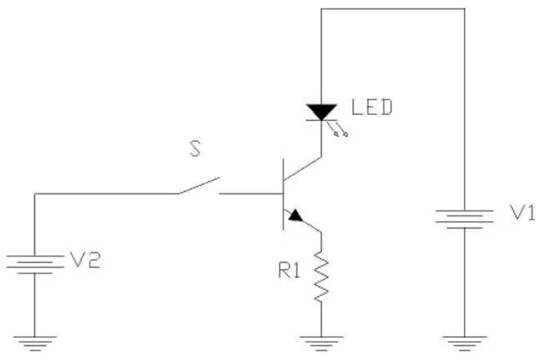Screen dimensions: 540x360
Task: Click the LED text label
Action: click(x=372, y=107)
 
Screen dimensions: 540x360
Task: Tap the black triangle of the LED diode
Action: click(x=321, y=112)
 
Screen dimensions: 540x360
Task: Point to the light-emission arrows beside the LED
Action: click(x=337, y=129)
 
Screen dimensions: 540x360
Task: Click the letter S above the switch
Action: click(x=195, y=149)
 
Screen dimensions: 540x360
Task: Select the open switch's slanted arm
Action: click(x=199, y=185)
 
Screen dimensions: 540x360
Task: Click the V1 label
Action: click(x=522, y=212)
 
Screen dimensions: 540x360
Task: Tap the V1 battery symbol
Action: click(x=464, y=219)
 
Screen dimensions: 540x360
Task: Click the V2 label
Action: click(x=85, y=260)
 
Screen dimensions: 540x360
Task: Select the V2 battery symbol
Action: click(x=35, y=264)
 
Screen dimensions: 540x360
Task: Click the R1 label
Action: click(x=289, y=270)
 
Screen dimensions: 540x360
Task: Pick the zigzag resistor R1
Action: click(x=322, y=277)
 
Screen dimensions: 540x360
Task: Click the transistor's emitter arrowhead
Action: click(x=296, y=216)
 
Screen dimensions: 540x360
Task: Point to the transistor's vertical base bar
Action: click(x=283, y=194)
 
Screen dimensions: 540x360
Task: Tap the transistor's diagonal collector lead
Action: click(x=302, y=169)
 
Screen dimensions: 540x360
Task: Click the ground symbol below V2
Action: click(x=35, y=344)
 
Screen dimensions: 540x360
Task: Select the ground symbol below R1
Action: click(x=321, y=344)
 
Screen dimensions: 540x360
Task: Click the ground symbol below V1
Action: click(x=464, y=344)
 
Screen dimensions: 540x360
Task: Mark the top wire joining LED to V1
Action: click(x=393, y=9)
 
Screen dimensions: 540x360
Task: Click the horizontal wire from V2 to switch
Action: click(x=106, y=193)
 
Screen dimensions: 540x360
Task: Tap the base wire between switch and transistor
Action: click(x=251, y=193)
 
